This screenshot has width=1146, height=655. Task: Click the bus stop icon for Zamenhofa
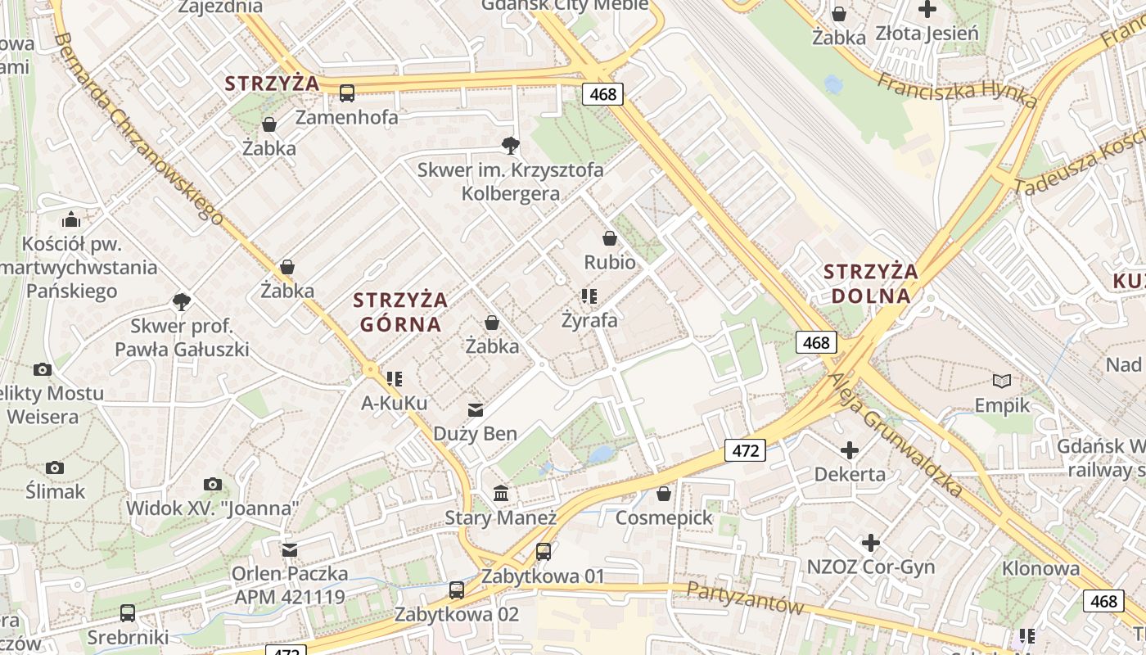tap(347, 93)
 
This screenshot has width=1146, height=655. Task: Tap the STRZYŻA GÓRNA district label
tap(400, 311)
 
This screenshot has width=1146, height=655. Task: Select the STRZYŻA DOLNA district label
tap(871, 283)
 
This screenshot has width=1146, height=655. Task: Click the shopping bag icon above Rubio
tap(610, 238)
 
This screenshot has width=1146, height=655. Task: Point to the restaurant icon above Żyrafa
tap(589, 296)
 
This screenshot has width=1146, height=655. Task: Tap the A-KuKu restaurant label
tap(395, 403)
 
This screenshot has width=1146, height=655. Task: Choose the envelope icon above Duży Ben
tap(476, 409)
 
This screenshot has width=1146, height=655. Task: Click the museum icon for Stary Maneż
tap(501, 494)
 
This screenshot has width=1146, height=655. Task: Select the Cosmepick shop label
tap(664, 517)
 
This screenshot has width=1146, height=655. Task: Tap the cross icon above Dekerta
tap(850, 449)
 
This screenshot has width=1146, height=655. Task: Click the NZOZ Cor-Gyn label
tap(871, 567)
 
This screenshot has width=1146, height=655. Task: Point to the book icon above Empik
tap(1002, 381)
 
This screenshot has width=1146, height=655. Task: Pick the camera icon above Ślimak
tap(55, 468)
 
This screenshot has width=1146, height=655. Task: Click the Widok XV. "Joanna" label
tap(212, 508)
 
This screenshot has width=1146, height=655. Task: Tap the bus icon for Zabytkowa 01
tap(544, 552)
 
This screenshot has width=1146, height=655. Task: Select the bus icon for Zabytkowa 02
tap(457, 589)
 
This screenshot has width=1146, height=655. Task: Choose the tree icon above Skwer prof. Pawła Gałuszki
tap(182, 302)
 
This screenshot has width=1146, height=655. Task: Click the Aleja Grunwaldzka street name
tap(896, 435)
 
